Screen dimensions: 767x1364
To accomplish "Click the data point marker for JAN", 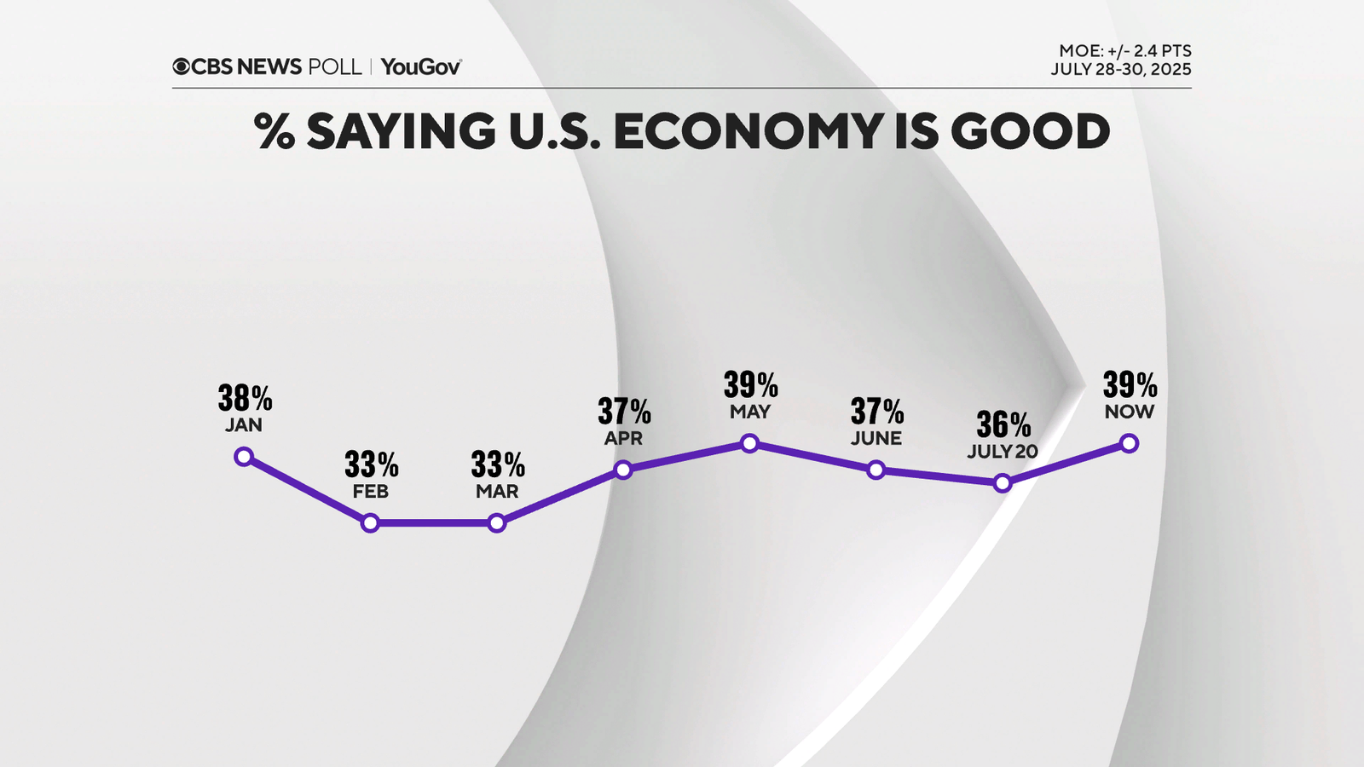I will coord(244,457).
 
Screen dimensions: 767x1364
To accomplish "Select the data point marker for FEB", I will coord(370,522).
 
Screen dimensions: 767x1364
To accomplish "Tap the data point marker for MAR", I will coord(497,522).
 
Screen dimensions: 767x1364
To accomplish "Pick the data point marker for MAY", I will coord(749,443).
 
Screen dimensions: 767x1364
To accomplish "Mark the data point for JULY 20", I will coord(1003,483).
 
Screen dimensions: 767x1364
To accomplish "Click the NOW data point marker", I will coord(1129,443).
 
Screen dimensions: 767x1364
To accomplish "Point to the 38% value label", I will coord(245,398).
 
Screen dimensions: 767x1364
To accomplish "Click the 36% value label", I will coord(1003,424).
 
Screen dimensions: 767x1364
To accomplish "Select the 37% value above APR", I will coord(624,412).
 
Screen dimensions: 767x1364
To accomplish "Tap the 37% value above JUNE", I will coord(877,412).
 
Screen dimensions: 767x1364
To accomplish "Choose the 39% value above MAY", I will coord(750,385).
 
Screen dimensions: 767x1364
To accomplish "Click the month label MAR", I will coord(497,492).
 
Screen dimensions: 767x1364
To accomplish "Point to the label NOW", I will coord(1129,412).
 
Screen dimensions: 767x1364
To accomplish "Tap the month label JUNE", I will coord(876,438).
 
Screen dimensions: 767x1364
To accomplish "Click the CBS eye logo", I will coord(181,66).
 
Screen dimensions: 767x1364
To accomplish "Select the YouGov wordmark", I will coord(421,66).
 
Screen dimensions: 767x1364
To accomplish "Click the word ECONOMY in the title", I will coord(748,131).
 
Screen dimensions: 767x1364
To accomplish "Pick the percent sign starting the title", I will coord(275,131).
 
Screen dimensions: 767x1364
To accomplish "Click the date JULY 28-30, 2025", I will coord(1120,70).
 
